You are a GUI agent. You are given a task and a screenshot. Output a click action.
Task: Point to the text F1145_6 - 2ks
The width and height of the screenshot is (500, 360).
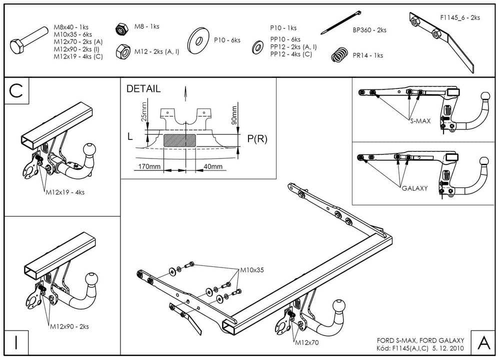point(460,17)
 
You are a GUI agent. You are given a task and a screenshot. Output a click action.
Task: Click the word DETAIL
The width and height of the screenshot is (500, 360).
point(144,89)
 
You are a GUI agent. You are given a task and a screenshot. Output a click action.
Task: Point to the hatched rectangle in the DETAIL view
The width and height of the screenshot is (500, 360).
point(179,140)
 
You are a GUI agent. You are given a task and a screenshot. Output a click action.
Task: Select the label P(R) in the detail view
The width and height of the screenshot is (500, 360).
point(257,139)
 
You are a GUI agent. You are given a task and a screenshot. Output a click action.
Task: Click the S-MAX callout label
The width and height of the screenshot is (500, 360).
point(419,121)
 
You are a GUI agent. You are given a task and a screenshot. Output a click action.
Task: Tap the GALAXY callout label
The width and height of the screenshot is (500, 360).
point(415,188)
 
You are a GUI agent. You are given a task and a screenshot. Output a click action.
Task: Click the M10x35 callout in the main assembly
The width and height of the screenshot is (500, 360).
point(251,270)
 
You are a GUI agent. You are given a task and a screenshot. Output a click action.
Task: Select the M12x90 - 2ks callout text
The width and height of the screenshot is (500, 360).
point(69,326)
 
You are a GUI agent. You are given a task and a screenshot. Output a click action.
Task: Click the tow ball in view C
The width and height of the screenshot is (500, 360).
point(90,149)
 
